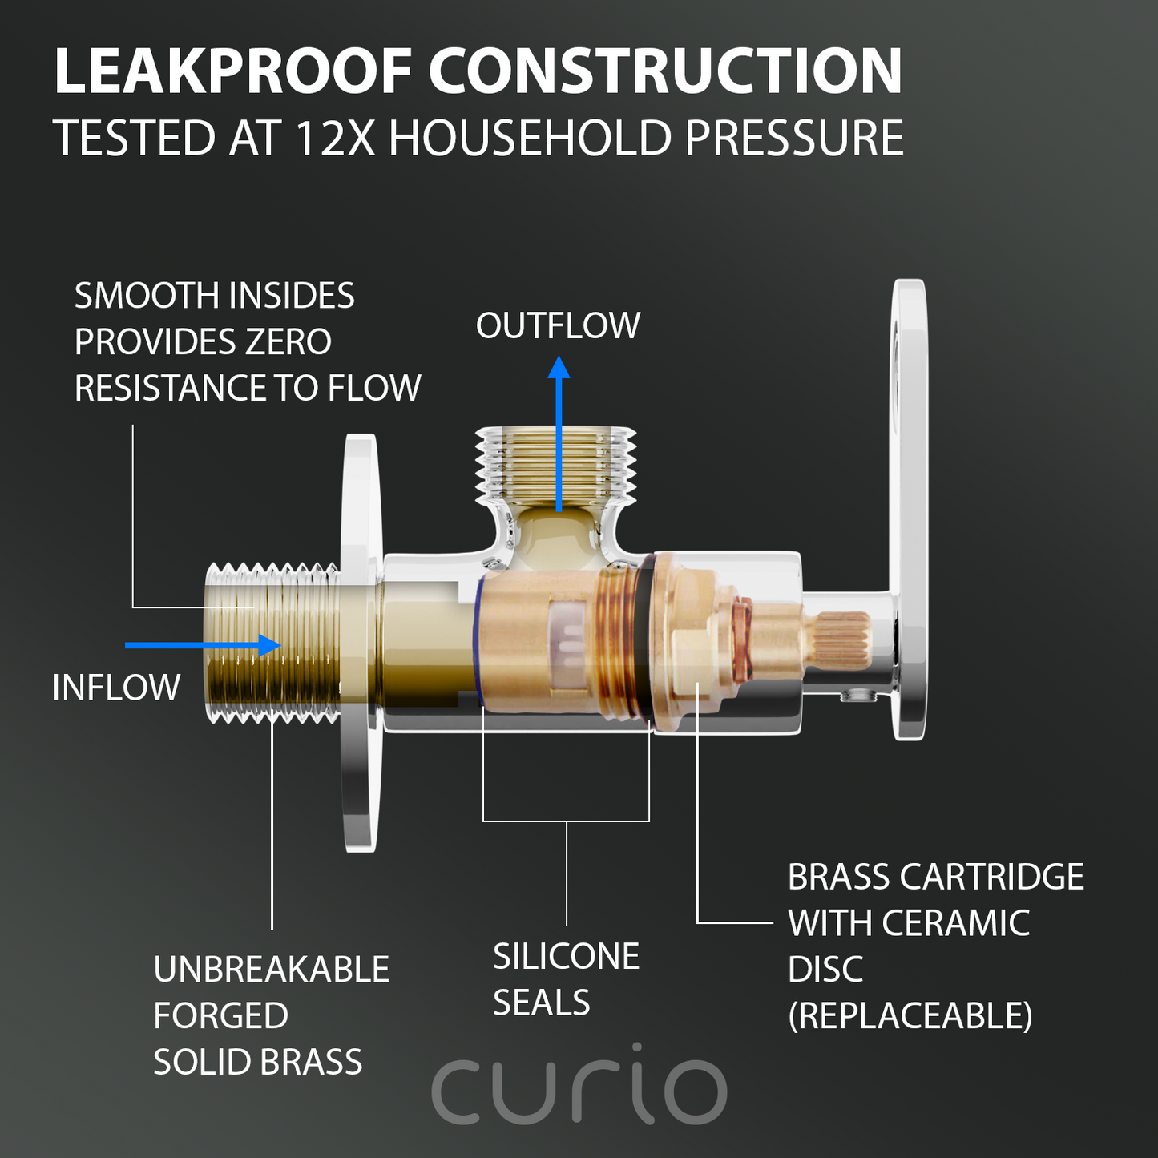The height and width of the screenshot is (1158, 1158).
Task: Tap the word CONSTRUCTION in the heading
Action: [x=665, y=71]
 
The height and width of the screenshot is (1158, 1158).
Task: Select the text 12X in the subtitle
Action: [x=335, y=138]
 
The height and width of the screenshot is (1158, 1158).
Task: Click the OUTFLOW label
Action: [x=558, y=325]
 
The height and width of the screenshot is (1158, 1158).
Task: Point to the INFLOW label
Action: [x=116, y=688]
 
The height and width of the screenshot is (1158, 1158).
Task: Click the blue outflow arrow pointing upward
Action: [x=559, y=434]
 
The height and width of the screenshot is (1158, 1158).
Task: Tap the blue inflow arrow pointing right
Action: [x=203, y=645]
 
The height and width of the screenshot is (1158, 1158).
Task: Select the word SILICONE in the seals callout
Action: [x=566, y=956]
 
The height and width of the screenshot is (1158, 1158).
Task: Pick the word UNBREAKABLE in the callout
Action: [x=272, y=970]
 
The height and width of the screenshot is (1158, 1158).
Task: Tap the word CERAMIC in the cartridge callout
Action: [x=955, y=923]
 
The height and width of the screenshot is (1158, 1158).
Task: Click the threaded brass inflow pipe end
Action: [x=272, y=643]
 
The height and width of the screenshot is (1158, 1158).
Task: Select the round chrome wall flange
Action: [x=361, y=643]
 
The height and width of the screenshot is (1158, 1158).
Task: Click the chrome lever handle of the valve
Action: [x=909, y=510]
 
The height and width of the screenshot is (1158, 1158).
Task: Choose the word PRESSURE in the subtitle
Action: [x=794, y=138]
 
